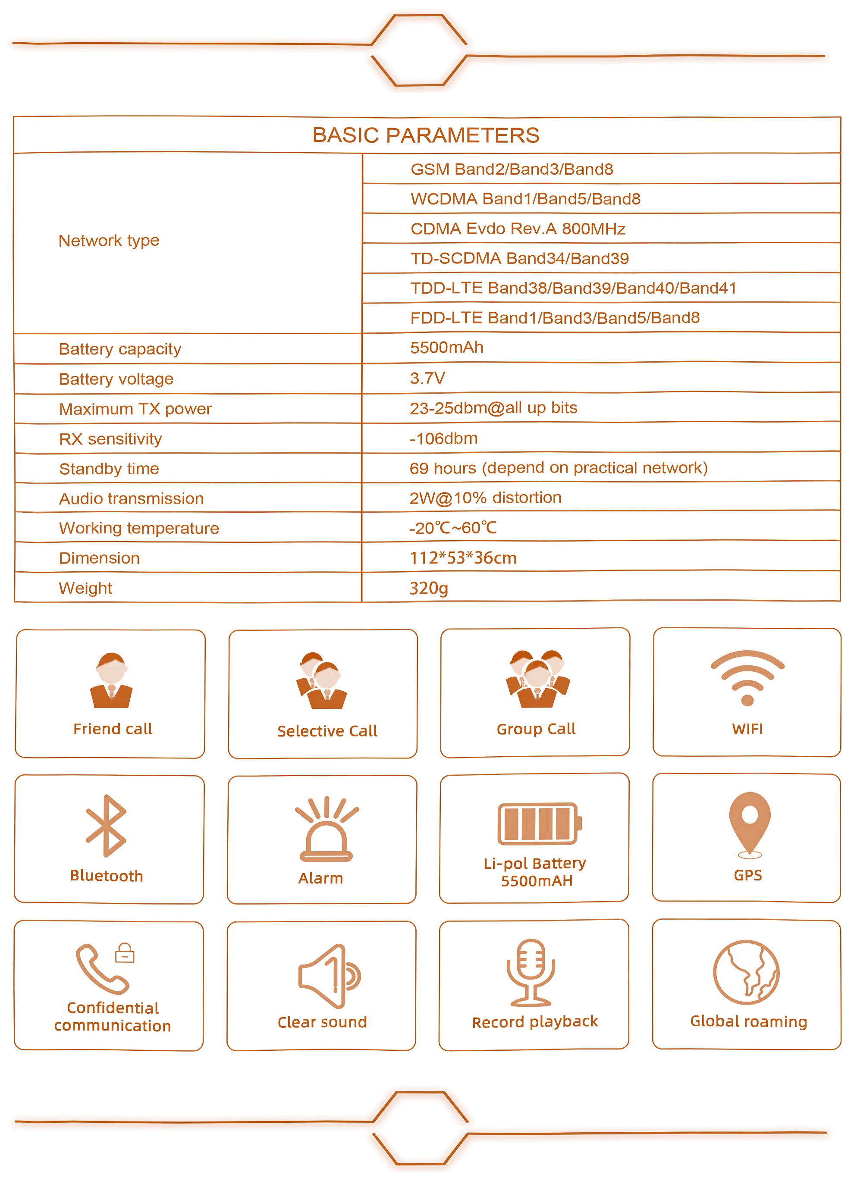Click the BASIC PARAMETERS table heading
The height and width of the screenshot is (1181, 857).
coord(426,135)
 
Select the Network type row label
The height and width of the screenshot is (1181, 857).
coord(108,241)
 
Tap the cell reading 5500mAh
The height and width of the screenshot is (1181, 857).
coord(446,348)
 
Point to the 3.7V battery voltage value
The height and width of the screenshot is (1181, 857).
coord(427,378)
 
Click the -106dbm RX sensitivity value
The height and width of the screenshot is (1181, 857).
coord(443,439)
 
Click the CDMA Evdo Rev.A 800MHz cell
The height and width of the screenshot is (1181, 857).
coord(517,229)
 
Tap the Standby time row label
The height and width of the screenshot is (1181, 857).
coord(109,469)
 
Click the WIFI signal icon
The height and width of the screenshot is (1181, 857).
coord(747,677)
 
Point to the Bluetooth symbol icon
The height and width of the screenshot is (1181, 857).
coord(106,826)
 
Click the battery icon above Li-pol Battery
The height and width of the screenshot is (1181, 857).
coord(539,824)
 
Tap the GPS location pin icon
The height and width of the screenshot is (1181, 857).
coord(749,823)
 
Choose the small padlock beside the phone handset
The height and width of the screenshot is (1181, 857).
coord(125,953)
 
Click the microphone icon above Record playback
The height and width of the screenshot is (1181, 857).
coord(531,972)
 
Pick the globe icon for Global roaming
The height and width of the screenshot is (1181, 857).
coord(746,972)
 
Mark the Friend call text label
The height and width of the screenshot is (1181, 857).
coord(113,729)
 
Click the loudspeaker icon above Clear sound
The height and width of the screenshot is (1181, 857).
coord(328,976)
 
